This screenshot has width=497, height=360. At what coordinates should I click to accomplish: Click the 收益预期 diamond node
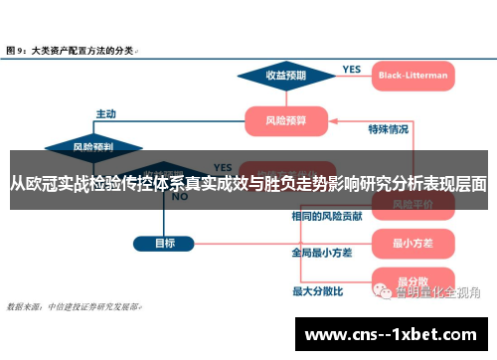pyautogui.click(x=286, y=75)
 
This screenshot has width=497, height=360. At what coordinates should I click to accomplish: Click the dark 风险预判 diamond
pyautogui.click(x=93, y=147)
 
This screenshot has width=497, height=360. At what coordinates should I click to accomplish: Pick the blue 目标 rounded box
pyautogui.click(x=165, y=243)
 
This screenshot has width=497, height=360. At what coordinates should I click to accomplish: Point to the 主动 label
pyautogui.click(x=105, y=113)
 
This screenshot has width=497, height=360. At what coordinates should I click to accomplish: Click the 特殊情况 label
pyautogui.click(x=389, y=129)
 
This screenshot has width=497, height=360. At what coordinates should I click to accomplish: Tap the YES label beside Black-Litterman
pyautogui.click(x=352, y=69)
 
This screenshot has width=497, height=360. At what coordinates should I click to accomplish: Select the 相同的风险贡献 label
pyautogui.click(x=327, y=216)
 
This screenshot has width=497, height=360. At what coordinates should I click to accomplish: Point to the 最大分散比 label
pyautogui.click(x=318, y=290)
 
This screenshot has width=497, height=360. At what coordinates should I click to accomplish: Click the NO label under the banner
pyautogui.click(x=180, y=197)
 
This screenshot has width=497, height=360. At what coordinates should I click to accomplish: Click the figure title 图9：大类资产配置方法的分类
pyautogui.click(x=71, y=48)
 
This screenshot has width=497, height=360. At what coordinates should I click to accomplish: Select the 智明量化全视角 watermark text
pyautogui.click(x=437, y=292)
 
